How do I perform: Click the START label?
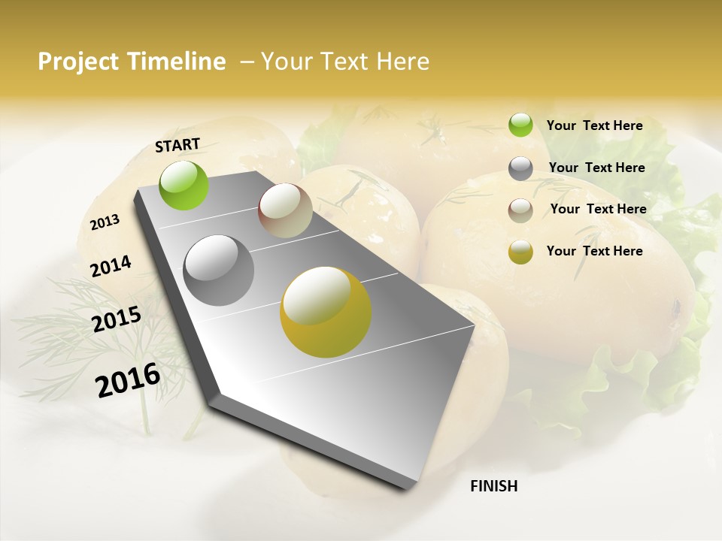[x=177, y=145]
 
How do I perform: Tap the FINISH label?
[x=493, y=486]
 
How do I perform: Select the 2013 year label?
[x=105, y=222]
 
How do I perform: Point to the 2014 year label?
[x=111, y=267]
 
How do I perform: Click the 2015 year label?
[x=117, y=319]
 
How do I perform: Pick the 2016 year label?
[x=128, y=379]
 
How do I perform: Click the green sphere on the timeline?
[x=184, y=185]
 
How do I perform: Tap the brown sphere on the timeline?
[x=285, y=210]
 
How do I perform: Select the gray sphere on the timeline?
[x=219, y=270]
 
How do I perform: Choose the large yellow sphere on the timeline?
[x=326, y=312]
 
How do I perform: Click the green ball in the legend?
[x=520, y=125]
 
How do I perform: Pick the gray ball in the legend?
[x=520, y=168]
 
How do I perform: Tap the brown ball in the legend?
[x=520, y=210]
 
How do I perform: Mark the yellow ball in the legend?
[x=520, y=252]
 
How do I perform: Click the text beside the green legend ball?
[x=594, y=125]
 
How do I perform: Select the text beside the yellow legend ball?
[x=594, y=251]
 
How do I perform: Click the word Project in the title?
[x=77, y=62]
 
